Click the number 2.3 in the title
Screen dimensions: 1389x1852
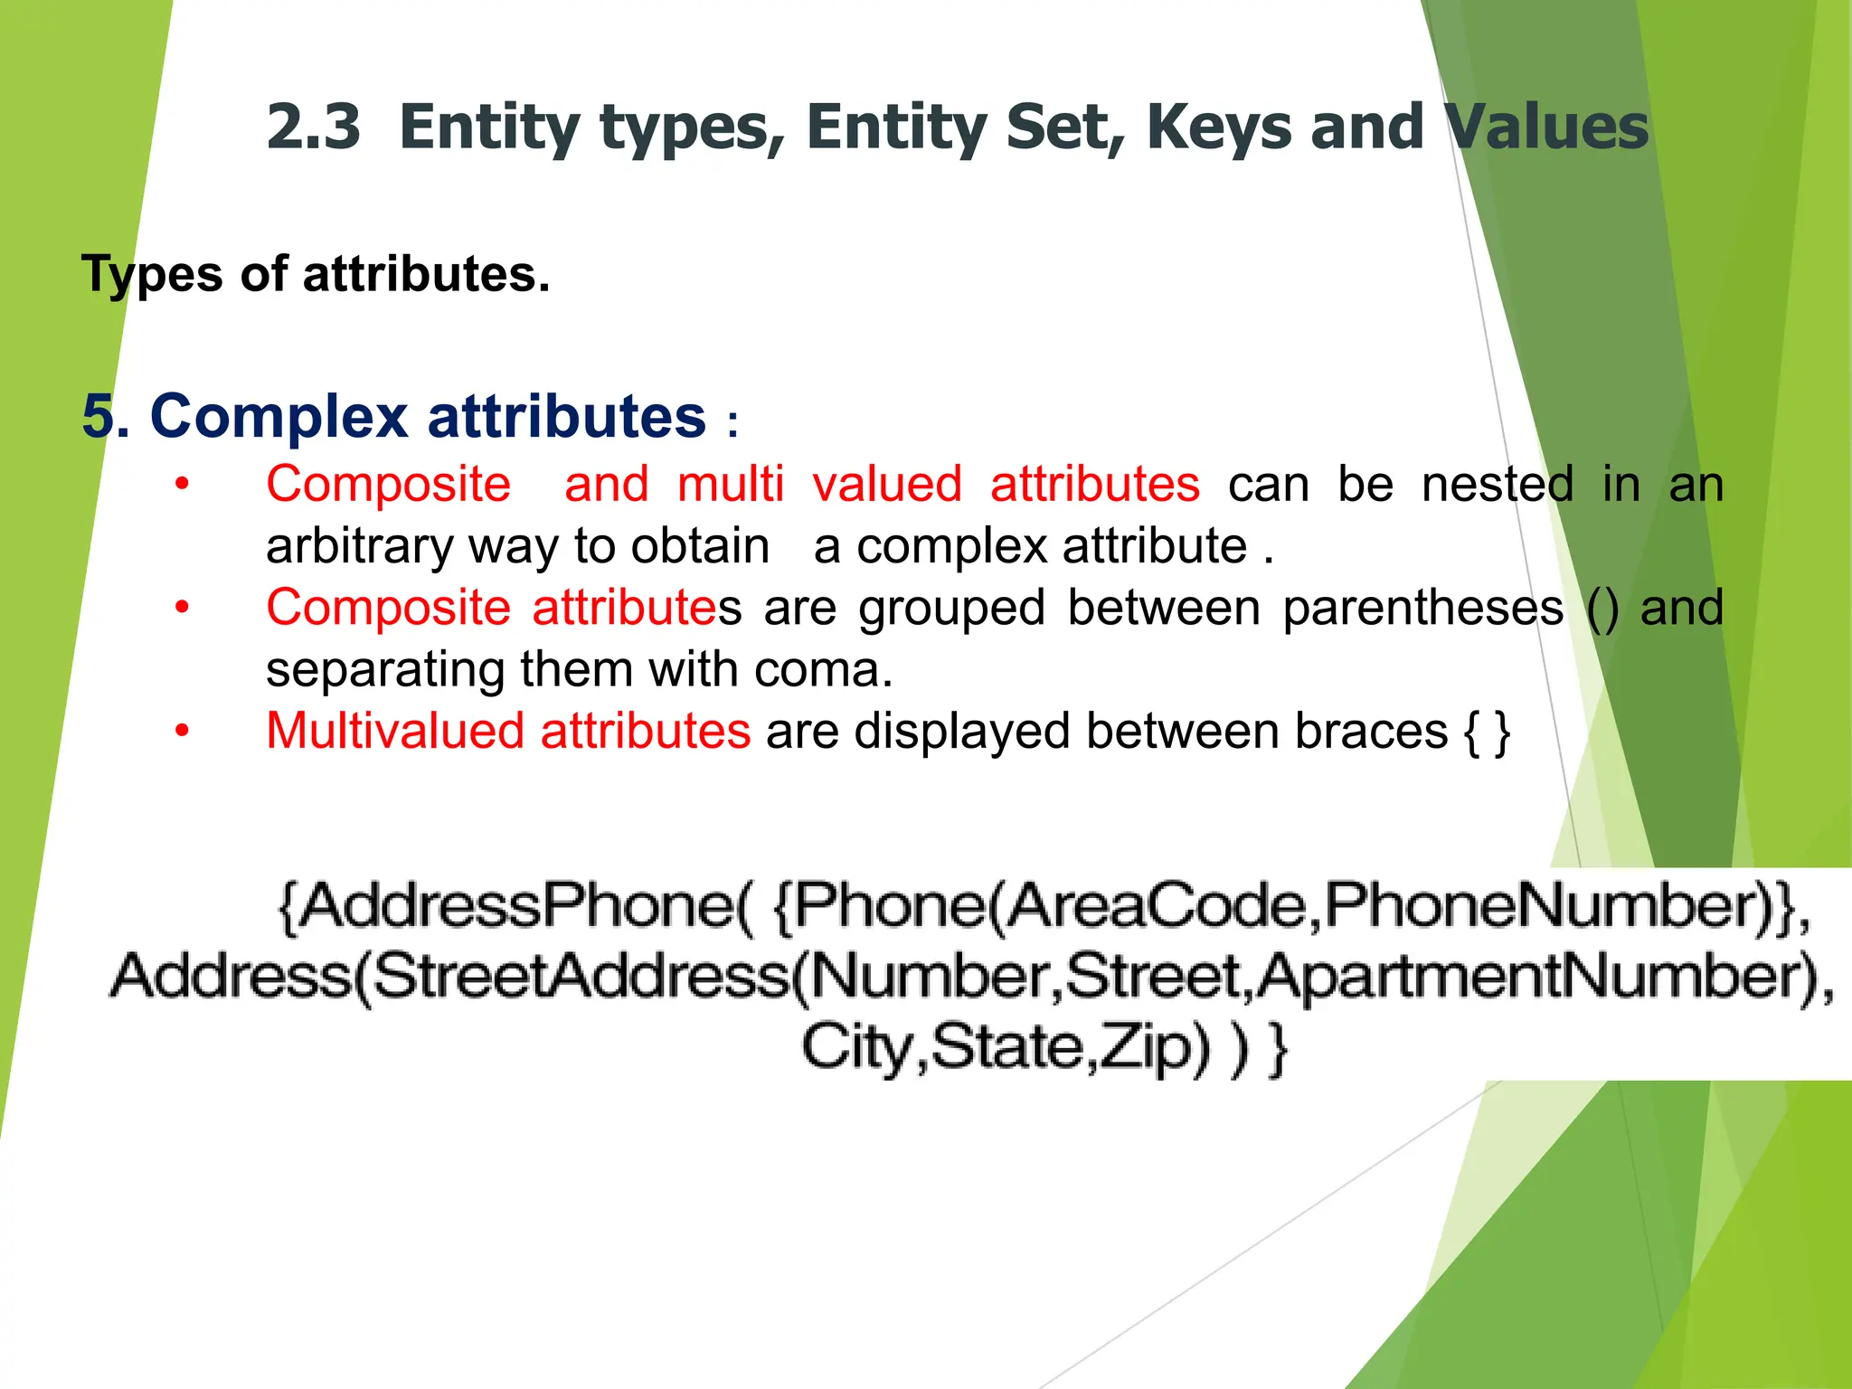click(x=313, y=127)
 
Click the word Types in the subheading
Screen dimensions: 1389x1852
click(x=151, y=274)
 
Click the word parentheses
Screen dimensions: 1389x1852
click(x=1422, y=608)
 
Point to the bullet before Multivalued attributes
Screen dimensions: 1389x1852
click(x=182, y=731)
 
